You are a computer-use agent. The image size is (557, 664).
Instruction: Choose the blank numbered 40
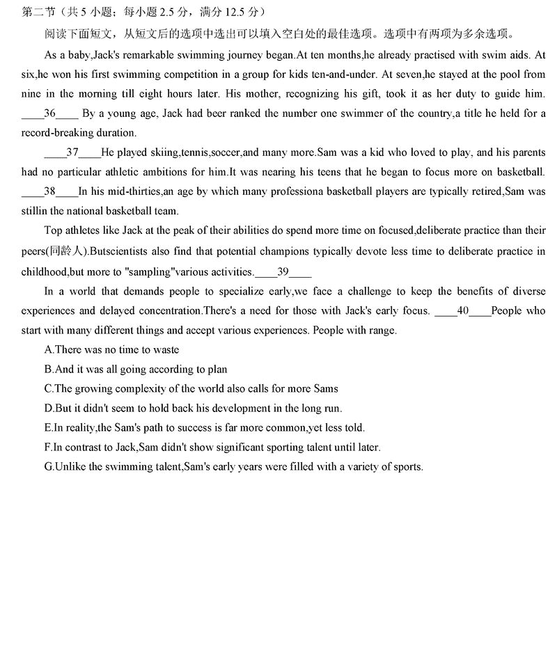(x=463, y=310)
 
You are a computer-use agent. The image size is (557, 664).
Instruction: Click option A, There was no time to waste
(x=111, y=349)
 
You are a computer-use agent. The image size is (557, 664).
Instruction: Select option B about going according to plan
(x=136, y=369)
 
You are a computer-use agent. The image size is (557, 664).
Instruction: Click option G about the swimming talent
(x=233, y=466)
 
